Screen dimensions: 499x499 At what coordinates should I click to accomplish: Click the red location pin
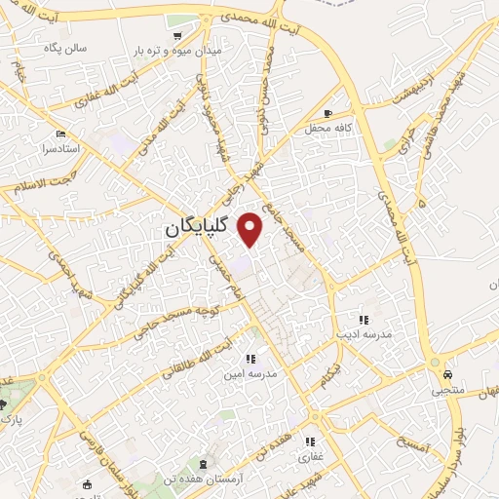[x=250, y=228]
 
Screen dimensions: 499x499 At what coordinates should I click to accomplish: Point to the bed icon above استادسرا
[x=61, y=134]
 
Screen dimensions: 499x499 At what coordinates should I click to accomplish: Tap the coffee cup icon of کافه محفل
[x=327, y=113]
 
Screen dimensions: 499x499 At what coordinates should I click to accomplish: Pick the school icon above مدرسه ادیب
[x=363, y=319]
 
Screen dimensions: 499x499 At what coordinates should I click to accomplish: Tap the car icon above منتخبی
[x=446, y=374]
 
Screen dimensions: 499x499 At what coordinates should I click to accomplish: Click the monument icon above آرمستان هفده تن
[x=201, y=463]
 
